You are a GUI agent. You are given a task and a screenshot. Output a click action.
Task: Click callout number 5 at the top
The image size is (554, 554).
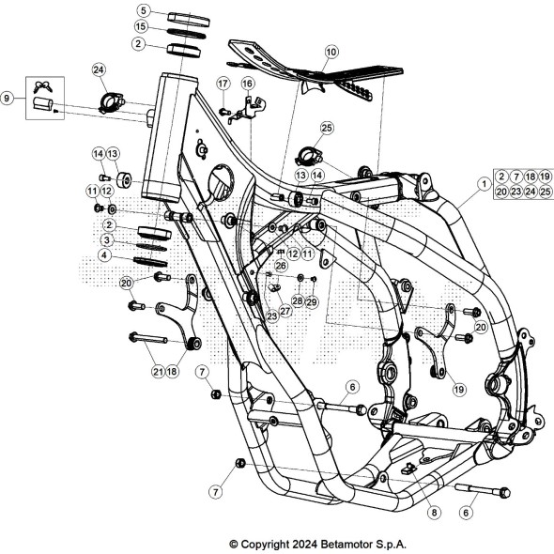pyautogui.click(x=143, y=10)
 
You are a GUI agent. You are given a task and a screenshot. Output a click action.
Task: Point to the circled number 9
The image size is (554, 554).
pyautogui.click(x=8, y=98)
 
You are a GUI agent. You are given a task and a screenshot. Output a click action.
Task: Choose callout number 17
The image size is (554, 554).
pyautogui.click(x=223, y=84)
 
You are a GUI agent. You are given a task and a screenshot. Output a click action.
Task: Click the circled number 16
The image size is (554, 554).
pyautogui.click(x=248, y=84)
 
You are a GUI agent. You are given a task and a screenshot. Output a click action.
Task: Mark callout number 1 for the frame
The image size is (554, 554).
pyautogui.click(x=484, y=185)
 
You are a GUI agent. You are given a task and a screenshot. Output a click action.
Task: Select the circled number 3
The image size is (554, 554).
pyautogui.click(x=109, y=240)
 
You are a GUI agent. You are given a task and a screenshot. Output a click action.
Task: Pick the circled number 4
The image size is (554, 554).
pyautogui.click(x=109, y=254)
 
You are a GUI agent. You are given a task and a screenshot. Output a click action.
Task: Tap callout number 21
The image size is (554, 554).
pyautogui.click(x=157, y=371)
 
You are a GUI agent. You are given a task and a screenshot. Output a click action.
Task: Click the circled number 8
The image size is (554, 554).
pyautogui.click(x=432, y=513)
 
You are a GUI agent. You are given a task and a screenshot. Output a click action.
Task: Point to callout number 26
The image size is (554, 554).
pyautogui.click(x=281, y=266)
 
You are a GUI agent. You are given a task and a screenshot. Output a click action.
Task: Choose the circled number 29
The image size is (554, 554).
pyautogui.click(x=312, y=300)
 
